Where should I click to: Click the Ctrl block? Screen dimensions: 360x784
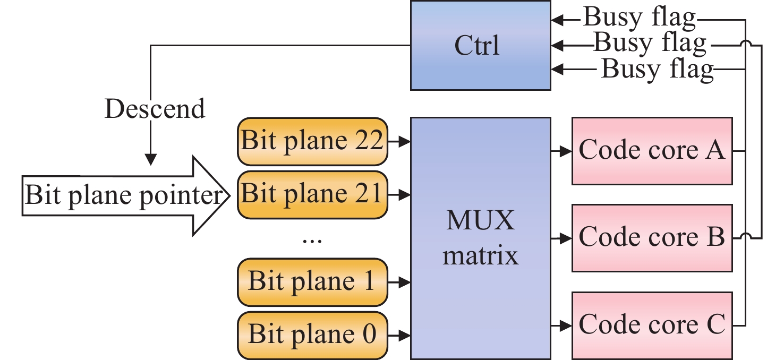(x=480, y=45)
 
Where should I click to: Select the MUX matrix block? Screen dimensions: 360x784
(x=480, y=238)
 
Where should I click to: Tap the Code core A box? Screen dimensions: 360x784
(x=651, y=151)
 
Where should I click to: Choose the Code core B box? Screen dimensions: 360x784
(x=651, y=237)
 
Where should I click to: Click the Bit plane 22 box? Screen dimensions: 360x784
(x=312, y=142)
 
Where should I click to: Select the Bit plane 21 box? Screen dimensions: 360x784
(x=312, y=194)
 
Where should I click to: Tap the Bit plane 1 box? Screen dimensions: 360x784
(x=312, y=282)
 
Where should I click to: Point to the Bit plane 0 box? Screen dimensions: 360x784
(x=312, y=335)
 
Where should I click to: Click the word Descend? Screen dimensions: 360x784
(x=155, y=109)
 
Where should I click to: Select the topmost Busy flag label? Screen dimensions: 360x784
(x=640, y=18)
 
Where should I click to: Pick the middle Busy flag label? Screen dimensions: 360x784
(x=650, y=43)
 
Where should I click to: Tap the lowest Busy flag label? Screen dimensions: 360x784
(x=657, y=69)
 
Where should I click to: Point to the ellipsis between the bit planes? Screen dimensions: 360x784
(x=312, y=240)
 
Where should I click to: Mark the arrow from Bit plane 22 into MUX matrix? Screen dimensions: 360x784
(x=399, y=142)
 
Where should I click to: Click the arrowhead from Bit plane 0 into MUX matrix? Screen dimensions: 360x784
(x=405, y=335)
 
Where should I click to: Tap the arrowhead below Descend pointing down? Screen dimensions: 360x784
(x=151, y=159)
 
